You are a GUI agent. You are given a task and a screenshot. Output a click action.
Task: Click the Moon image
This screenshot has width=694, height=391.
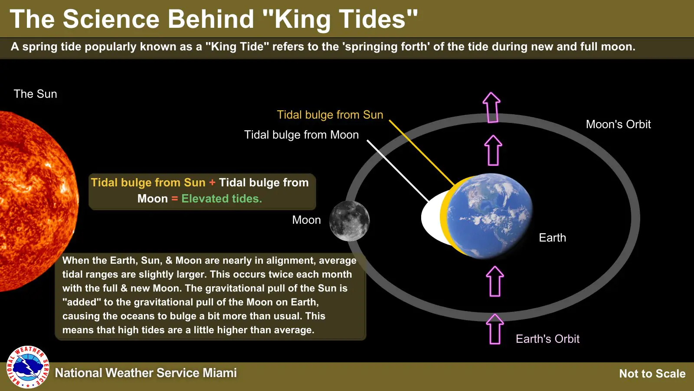pos(349,221)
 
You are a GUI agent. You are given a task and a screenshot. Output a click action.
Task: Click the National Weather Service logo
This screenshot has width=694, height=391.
pos(28,367)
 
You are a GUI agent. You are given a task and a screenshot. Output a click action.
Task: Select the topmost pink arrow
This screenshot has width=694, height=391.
pos(491,107)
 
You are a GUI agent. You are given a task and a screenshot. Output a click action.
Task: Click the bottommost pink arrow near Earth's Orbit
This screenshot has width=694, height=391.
pos(495,329)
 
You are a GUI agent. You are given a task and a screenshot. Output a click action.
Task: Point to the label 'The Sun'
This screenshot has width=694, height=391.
pos(35,94)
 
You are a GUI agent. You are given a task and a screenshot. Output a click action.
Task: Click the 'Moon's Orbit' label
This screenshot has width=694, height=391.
pos(618,124)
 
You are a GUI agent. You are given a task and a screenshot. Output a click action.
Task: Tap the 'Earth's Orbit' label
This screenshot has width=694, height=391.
pos(547,338)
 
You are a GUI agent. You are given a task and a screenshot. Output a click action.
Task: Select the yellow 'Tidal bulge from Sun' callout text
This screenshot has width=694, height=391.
pos(330,115)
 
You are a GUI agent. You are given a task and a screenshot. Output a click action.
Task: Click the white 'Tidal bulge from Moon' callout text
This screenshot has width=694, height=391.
pos(301,135)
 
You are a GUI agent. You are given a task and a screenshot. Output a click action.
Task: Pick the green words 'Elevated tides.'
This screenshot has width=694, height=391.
pos(222,198)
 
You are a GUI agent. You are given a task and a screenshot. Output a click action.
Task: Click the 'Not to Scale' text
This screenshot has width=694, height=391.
pos(652,374)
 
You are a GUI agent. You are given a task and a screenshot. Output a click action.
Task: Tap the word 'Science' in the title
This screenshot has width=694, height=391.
pos(111,19)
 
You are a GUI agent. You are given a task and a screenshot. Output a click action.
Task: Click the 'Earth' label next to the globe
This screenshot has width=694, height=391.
pos(553,237)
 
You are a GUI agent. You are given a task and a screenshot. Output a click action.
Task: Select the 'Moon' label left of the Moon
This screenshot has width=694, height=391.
pos(306,220)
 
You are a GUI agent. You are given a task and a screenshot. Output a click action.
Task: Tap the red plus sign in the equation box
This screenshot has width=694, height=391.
pos(212,182)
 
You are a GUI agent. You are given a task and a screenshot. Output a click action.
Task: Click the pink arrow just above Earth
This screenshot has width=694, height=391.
pos(493,150)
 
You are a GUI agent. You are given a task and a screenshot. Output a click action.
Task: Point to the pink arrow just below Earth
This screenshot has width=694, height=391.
pos(495,281)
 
